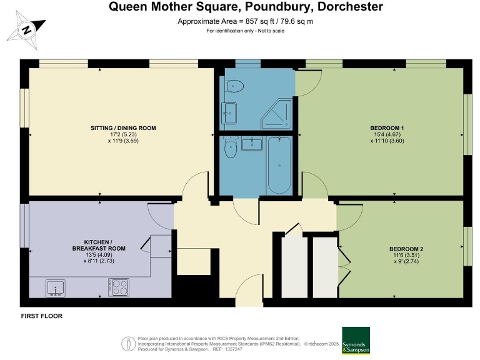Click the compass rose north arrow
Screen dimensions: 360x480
coord(26,29)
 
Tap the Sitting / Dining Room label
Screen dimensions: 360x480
coord(123,128)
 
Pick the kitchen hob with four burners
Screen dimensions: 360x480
coord(118,286)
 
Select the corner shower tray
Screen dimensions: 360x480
coord(277,114)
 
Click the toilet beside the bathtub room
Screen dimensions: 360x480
coord(229,149)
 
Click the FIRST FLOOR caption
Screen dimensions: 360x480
coord(42,316)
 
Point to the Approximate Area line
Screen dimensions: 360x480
coord(246,22)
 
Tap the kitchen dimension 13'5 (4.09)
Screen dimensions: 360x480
coord(104,254)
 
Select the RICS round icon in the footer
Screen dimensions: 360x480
coord(129,343)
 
